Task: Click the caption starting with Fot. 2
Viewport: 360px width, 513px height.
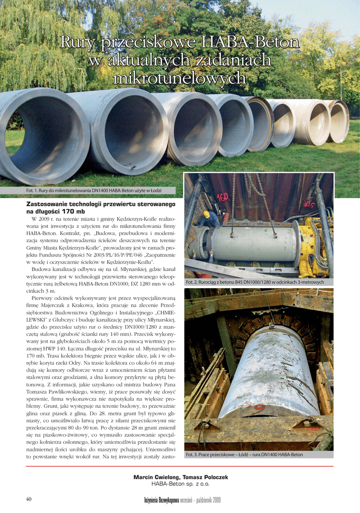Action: [x=255, y=282]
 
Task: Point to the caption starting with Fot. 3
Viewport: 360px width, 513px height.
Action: [x=244, y=455]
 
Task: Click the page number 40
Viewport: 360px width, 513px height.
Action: [x=29, y=499]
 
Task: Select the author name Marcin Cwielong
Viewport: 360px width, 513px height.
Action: [x=156, y=477]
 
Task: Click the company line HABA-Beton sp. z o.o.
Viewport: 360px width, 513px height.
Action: [x=180, y=484]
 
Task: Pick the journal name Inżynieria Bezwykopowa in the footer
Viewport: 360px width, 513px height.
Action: [x=162, y=500]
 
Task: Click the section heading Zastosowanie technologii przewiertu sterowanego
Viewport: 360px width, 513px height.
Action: [x=101, y=204]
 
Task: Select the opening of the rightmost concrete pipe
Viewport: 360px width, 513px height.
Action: [x=339, y=122]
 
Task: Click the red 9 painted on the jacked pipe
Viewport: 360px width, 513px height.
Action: [x=258, y=408]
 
